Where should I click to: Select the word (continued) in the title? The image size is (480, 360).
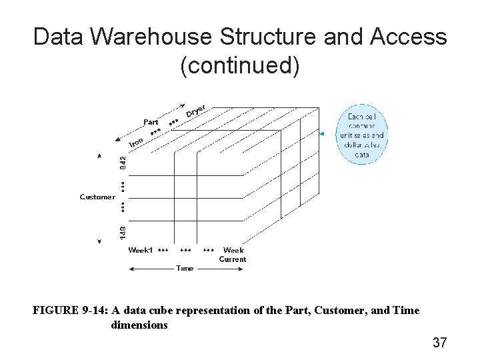pos(240,66)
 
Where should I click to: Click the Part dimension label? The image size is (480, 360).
pos(151,122)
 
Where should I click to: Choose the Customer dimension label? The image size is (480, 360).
pos(97,197)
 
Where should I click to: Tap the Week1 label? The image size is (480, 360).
pos(141,251)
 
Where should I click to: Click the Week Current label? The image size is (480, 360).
pos(233,255)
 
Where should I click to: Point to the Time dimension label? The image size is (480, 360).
pos(185,268)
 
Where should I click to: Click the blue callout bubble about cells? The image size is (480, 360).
pos(362,135)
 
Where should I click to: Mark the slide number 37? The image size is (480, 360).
pos(439,343)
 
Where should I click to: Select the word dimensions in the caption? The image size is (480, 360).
pos(139,325)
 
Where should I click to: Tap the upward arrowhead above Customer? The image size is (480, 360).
pos(99,156)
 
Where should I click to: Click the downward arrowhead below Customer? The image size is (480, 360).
pos(99,241)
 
